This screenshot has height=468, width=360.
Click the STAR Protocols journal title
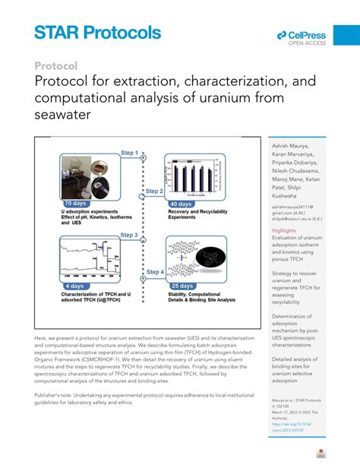point(97,32)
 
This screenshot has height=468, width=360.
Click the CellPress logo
point(301,38)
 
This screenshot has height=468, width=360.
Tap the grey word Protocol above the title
point(56,65)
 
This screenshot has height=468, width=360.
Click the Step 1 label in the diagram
point(129,153)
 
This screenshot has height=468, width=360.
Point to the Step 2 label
point(154,191)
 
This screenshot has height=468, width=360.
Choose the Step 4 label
point(154,271)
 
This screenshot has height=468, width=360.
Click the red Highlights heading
point(284,229)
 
